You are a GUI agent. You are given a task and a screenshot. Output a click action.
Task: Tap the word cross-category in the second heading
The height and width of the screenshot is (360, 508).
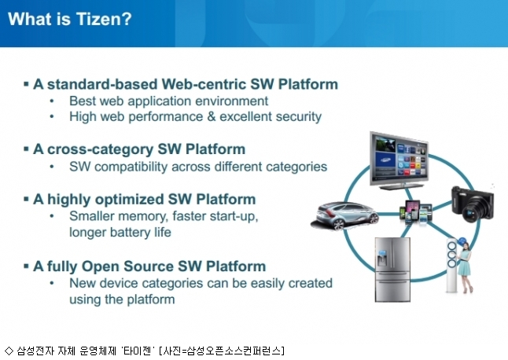(x=101, y=149)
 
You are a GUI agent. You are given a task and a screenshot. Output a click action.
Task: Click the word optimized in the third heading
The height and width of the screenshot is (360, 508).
(x=130, y=200)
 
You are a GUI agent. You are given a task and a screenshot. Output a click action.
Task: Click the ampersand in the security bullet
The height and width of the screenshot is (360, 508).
(x=212, y=116)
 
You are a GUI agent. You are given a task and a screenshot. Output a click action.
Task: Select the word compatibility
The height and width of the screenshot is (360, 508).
(x=131, y=167)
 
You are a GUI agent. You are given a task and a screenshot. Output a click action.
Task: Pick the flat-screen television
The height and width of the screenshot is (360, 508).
(x=399, y=161)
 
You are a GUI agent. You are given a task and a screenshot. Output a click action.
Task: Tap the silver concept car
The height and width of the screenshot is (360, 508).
(x=344, y=215)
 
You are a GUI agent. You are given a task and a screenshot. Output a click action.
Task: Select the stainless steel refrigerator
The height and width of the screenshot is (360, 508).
(x=392, y=270)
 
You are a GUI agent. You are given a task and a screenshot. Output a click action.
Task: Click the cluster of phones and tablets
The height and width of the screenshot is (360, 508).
(x=416, y=211)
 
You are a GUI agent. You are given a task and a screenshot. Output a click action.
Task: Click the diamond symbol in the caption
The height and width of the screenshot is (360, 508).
(x=9, y=351)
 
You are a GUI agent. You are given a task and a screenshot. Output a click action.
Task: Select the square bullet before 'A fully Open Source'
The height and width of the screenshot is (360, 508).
(x=26, y=266)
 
